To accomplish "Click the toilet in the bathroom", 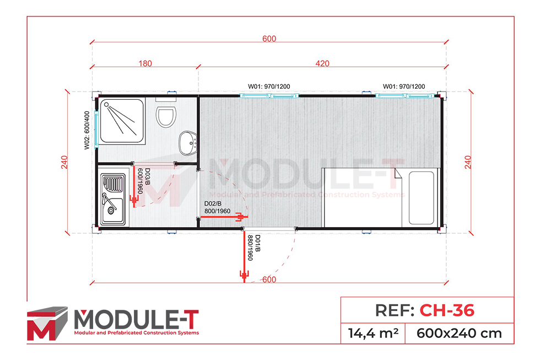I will [x=165, y=117].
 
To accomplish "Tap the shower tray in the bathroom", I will [x=122, y=121].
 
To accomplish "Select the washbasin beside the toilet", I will [x=188, y=143].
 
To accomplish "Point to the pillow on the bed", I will [x=423, y=197].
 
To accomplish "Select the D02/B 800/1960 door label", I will [x=217, y=207].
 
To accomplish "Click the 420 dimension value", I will [x=322, y=63].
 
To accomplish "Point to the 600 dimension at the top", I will [x=269, y=39].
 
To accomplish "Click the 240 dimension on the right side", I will [x=468, y=162].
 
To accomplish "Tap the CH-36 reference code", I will [x=446, y=310].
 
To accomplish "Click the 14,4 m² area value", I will [x=372, y=333].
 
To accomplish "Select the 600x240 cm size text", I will [x=459, y=333].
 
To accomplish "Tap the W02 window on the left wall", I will [x=97, y=128].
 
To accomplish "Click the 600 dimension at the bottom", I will [x=268, y=280].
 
